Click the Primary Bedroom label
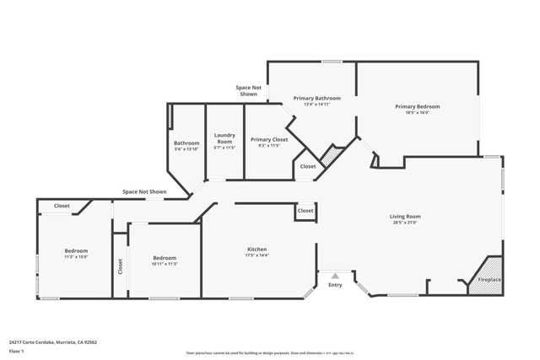[x=418, y=107]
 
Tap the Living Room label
[x=406, y=217]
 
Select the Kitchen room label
[x=257, y=250]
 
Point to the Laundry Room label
[x=224, y=137]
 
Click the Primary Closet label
[x=269, y=140]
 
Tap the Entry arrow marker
[x=335, y=275]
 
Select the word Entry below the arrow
[x=335, y=285]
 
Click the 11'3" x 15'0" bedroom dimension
[x=76, y=258]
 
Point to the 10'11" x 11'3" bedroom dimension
[x=165, y=264]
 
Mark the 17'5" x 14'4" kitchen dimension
[x=257, y=256]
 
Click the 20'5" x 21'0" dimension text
[x=406, y=223]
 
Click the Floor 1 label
[x=16, y=352]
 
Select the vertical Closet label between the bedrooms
[x=121, y=267]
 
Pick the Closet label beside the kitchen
[x=305, y=211]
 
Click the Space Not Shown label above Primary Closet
[x=248, y=91]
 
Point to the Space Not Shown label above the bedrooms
[x=144, y=192]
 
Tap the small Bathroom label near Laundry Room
[x=186, y=143]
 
